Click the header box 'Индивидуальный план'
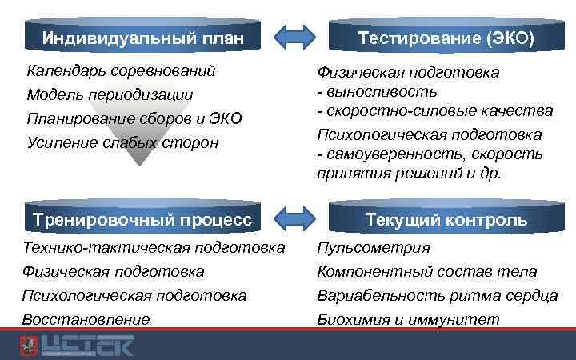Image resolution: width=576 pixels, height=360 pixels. point(142,38)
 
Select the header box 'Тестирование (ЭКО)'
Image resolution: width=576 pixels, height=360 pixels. point(446,38)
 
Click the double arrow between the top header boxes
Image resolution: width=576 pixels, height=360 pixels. point(294,37)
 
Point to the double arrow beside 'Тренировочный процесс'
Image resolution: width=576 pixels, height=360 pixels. point(294,218)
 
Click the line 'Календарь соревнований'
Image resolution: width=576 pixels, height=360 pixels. point(121,71)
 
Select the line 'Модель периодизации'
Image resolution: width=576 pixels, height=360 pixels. point(110,95)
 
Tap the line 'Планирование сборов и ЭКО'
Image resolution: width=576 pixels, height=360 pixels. point(134,119)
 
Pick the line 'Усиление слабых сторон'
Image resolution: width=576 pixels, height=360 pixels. point(122,143)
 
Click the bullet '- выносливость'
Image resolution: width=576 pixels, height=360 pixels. point(377,91)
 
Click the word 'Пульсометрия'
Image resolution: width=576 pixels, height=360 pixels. point(374,248)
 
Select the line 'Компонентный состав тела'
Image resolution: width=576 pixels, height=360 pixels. point(427,272)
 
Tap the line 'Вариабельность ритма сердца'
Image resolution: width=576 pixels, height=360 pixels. point(438,296)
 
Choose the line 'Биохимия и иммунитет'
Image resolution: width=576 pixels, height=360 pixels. point(408,320)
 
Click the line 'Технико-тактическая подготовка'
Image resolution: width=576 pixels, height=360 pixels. point(154,248)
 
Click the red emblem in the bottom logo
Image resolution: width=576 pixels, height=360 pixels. point(29,346)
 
